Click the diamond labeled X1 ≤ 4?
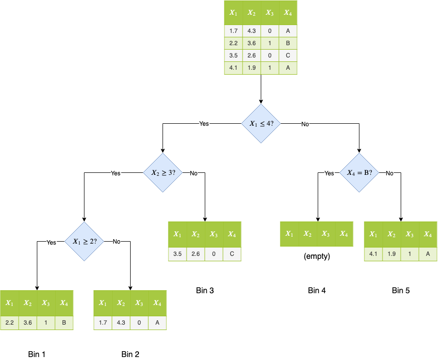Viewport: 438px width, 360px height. [x=261, y=124]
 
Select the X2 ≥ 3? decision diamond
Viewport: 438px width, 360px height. [x=163, y=173]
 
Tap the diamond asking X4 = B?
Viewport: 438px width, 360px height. [x=359, y=173]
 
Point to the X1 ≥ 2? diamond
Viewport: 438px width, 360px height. [x=84, y=241]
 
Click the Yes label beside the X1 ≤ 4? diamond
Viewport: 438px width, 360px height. [x=204, y=124]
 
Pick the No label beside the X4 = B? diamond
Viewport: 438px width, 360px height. [x=389, y=173]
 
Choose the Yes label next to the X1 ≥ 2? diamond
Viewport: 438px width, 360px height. [x=52, y=242]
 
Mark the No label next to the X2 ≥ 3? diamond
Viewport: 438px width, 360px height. [x=193, y=173]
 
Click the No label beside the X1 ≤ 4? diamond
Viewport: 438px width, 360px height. [x=305, y=124]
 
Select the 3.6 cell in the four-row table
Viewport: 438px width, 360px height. [x=251, y=43]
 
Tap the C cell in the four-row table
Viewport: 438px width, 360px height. [x=288, y=55]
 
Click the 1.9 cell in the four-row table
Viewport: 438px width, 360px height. [x=251, y=68]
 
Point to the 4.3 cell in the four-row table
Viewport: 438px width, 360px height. [x=251, y=31]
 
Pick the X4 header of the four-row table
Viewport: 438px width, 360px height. [x=288, y=13]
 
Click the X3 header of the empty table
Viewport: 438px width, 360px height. [x=326, y=234]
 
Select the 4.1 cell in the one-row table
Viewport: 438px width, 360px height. [x=373, y=254]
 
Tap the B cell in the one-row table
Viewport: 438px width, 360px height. [x=64, y=323]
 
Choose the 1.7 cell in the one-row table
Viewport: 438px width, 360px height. [x=103, y=323]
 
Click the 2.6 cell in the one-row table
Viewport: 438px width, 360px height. [x=195, y=254]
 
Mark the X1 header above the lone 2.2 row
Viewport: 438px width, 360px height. [x=9, y=303]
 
